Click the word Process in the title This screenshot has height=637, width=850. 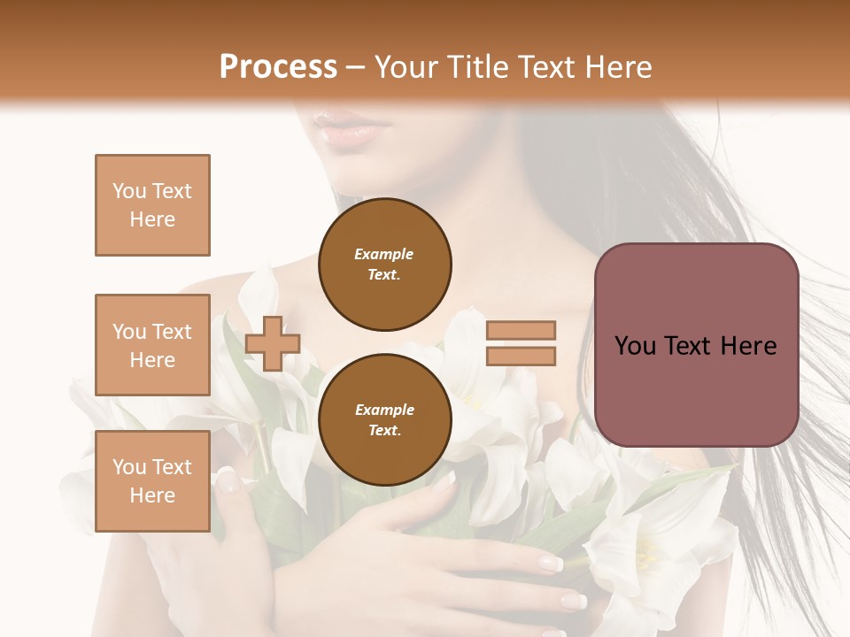click(278, 67)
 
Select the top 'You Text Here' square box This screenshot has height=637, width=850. click(152, 205)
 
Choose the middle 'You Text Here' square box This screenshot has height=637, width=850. click(152, 345)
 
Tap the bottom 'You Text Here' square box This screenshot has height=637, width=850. click(152, 481)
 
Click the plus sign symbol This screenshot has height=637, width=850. click(273, 343)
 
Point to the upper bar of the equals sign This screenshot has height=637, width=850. click(521, 331)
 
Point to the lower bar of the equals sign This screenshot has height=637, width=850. click(521, 356)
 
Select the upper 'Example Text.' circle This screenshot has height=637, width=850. click(384, 265)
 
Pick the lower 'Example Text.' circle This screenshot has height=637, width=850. click(384, 420)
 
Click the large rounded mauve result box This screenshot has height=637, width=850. click(696, 345)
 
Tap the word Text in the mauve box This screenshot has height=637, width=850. click(695, 346)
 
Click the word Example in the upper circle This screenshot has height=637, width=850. click(384, 255)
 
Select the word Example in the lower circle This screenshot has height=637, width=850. click(384, 411)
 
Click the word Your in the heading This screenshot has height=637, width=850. click(406, 67)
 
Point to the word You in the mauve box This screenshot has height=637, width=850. click(635, 346)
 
